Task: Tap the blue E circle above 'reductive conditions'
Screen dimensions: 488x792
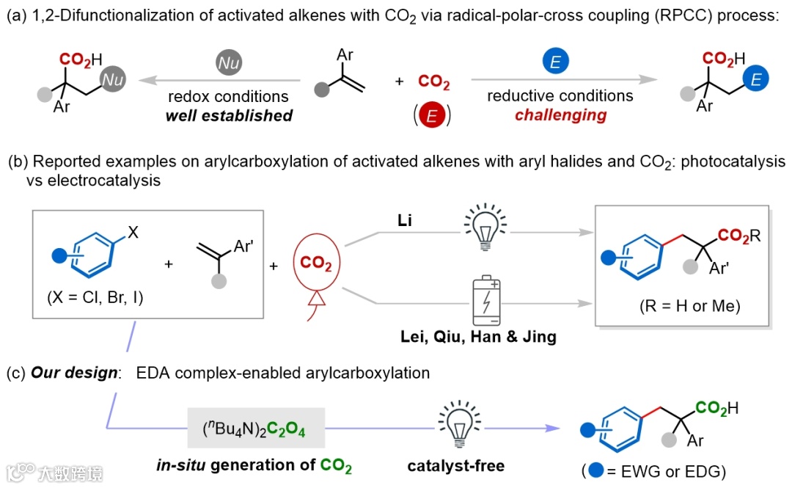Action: pyautogui.click(x=555, y=62)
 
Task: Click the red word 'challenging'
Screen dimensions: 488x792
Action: pyautogui.click(x=560, y=115)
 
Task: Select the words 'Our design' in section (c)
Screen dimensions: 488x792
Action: pyautogui.click(x=74, y=374)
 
